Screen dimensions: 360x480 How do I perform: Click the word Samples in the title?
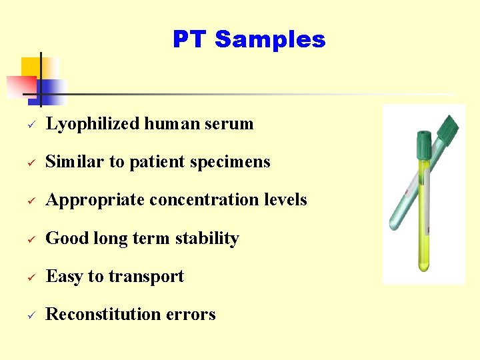tap(270, 39)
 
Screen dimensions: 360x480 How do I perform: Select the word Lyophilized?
tap(93, 124)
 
